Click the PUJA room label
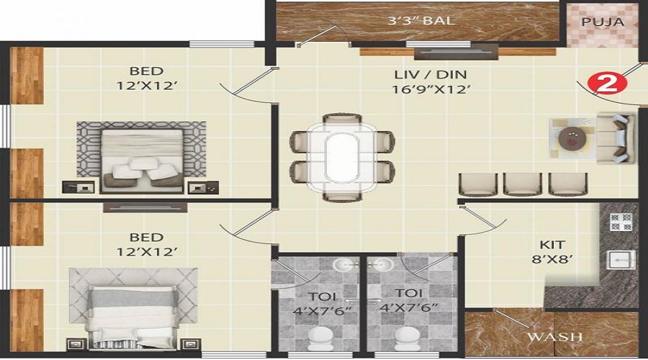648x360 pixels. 603,22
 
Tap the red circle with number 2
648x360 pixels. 604,84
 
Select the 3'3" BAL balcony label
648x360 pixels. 420,20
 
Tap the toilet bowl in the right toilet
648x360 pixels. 408,338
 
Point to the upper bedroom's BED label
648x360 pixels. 147,71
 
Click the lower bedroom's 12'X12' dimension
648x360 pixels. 147,251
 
